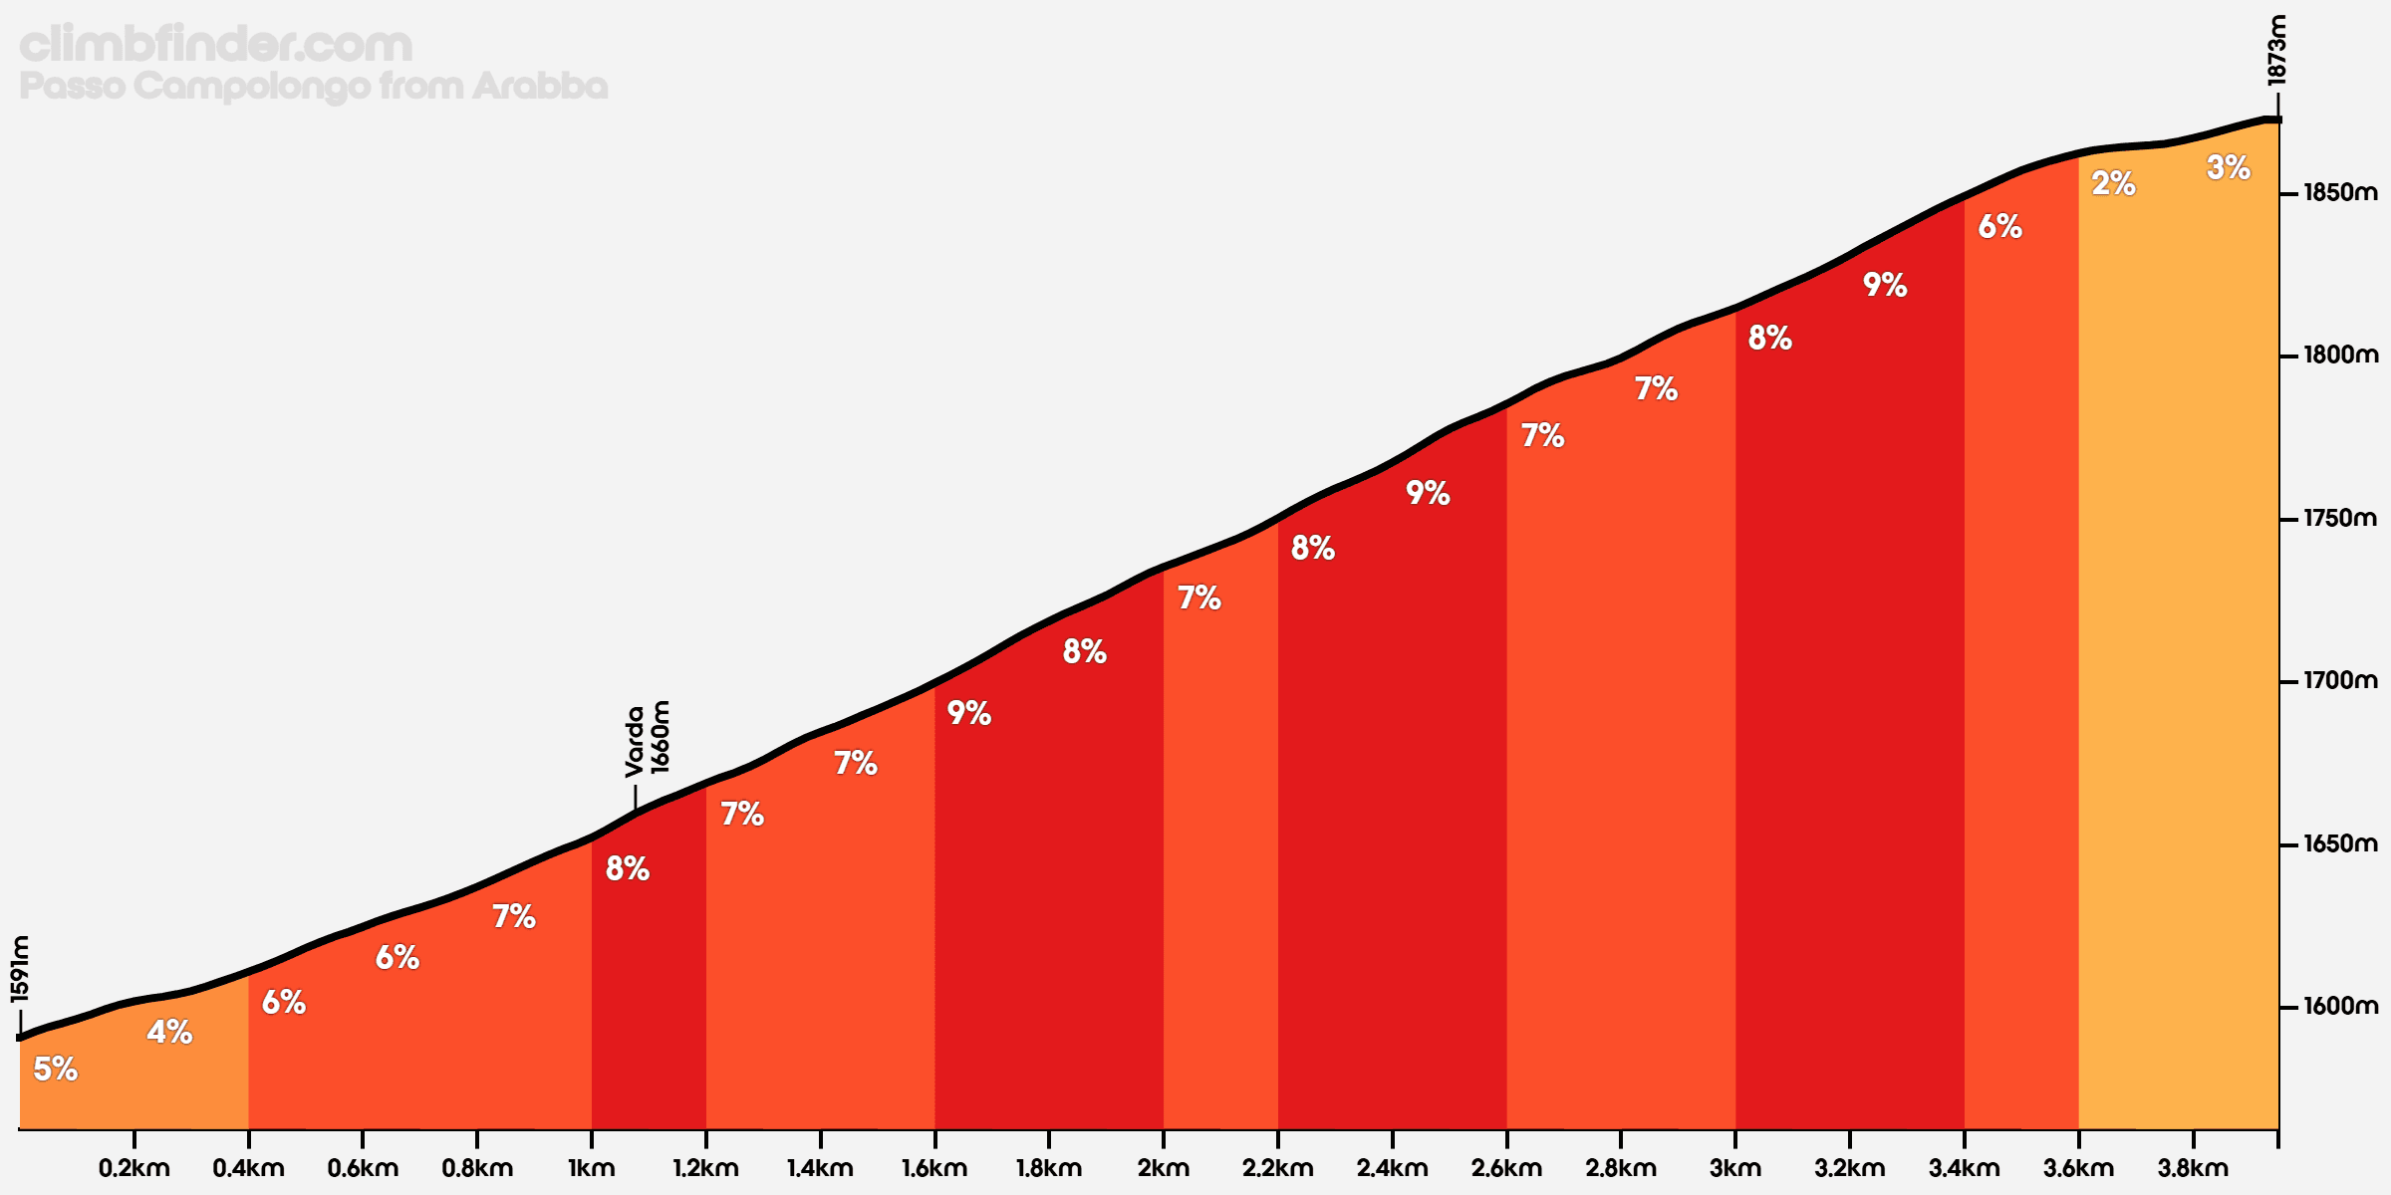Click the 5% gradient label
point(56,1070)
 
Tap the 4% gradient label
point(169,1032)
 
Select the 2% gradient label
point(2113,183)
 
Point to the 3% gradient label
point(2229,167)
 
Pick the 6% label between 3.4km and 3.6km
point(2000,227)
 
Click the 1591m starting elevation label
point(20,969)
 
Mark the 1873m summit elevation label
point(2277,50)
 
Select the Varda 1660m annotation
point(648,738)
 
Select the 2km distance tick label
point(1164,1168)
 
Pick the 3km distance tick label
point(1735,1168)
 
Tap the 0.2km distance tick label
point(134,1168)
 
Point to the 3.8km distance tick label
point(2193,1168)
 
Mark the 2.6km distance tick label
point(1506,1168)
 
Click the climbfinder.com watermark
point(216,45)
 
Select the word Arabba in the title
point(540,87)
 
